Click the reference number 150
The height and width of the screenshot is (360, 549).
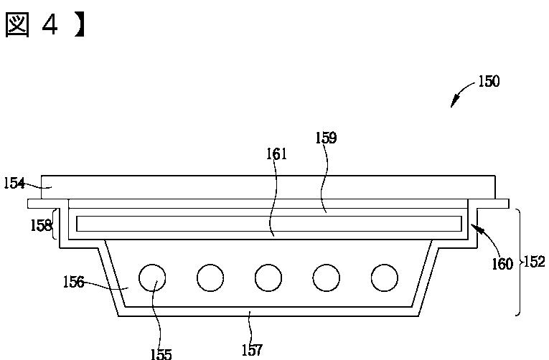(x=489, y=82)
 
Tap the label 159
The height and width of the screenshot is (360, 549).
(x=326, y=138)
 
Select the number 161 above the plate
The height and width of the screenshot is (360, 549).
(x=276, y=154)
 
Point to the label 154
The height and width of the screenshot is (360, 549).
(x=14, y=184)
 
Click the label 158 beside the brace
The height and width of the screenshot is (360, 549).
(x=42, y=226)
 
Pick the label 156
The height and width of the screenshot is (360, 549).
(x=73, y=282)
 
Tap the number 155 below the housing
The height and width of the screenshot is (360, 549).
(x=161, y=354)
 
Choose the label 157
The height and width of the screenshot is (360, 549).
(x=252, y=350)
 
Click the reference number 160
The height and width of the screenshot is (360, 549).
(x=502, y=264)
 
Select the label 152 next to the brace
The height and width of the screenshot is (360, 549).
(x=535, y=262)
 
